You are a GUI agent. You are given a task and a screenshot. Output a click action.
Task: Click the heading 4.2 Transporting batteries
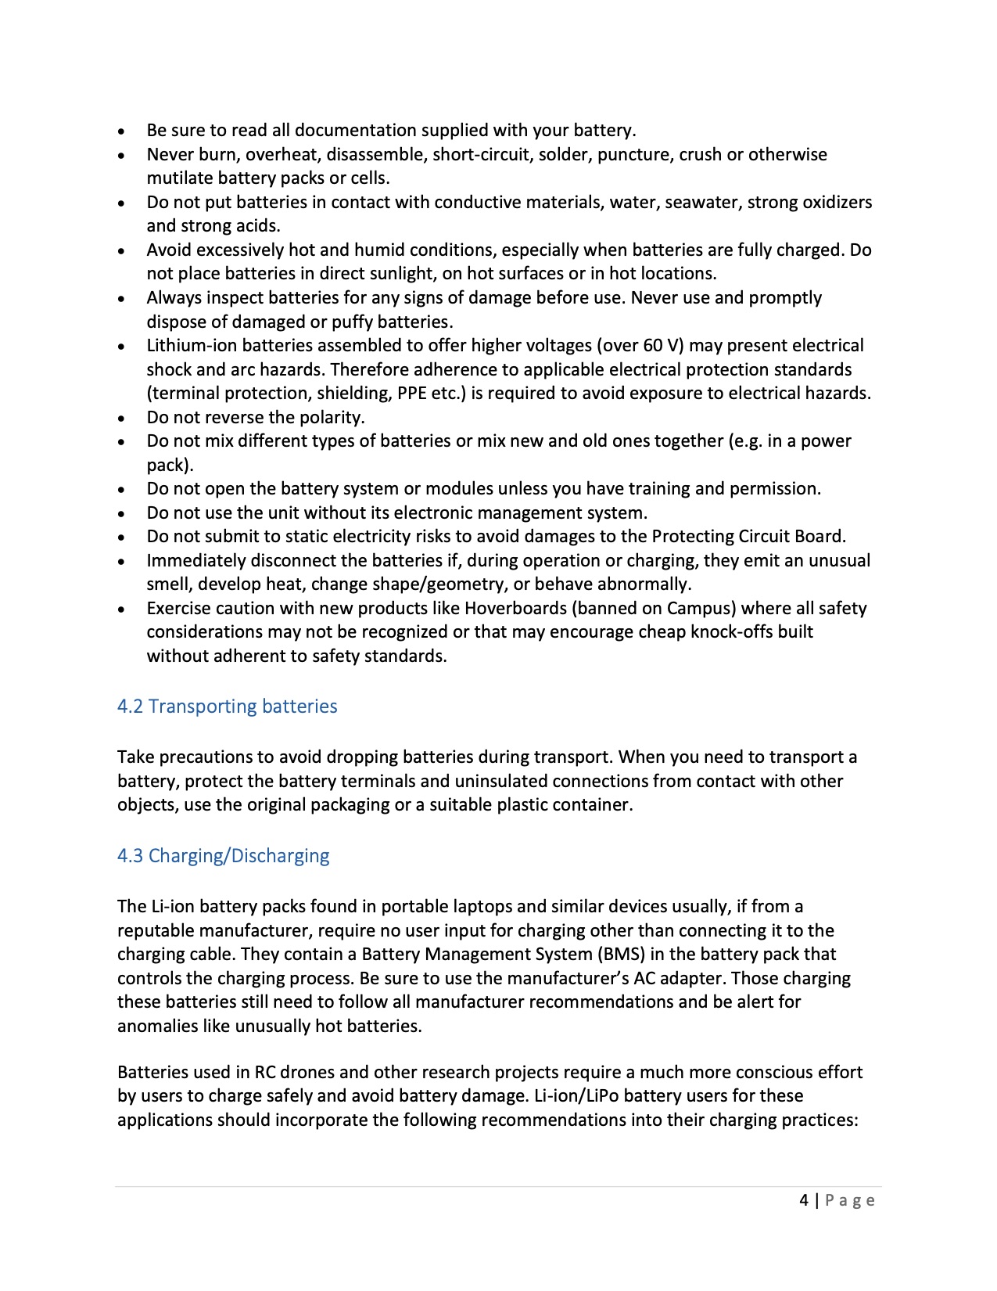(x=227, y=707)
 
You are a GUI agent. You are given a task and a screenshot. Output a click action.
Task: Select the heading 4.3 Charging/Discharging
(x=223, y=856)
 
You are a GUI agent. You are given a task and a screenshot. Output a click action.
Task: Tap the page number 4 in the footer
(x=804, y=1200)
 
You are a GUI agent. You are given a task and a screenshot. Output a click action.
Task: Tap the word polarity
(x=332, y=418)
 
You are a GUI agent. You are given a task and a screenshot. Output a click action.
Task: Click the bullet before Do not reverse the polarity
(x=121, y=419)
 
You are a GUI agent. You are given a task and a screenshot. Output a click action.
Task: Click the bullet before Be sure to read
(x=121, y=131)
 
